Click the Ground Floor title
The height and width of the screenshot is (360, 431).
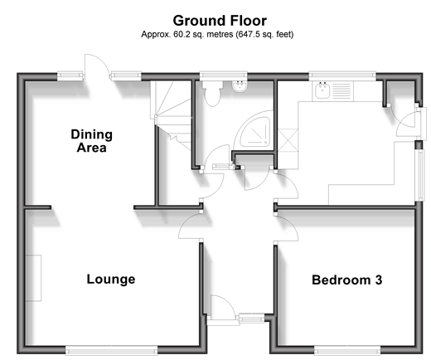pos(220,21)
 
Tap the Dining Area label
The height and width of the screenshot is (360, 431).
pos(91,141)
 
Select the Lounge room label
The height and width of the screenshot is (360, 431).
pos(111,280)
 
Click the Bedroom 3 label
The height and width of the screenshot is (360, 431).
pos(347,280)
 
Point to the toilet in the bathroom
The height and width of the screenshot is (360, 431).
pos(213,94)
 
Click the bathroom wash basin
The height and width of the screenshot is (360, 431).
pos(240,86)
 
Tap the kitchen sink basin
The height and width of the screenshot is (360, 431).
pos(322,90)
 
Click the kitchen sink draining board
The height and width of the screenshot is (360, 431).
pos(342,90)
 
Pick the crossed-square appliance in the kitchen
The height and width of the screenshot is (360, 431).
pos(288,140)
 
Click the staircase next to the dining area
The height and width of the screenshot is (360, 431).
pos(171,116)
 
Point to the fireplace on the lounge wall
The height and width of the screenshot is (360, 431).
pos(33,278)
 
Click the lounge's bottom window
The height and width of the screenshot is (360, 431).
pos(112,350)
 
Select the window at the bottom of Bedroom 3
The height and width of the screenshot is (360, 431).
pos(347,351)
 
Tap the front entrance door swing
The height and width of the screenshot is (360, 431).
pos(223,308)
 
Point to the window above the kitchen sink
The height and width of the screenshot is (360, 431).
pos(342,75)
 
